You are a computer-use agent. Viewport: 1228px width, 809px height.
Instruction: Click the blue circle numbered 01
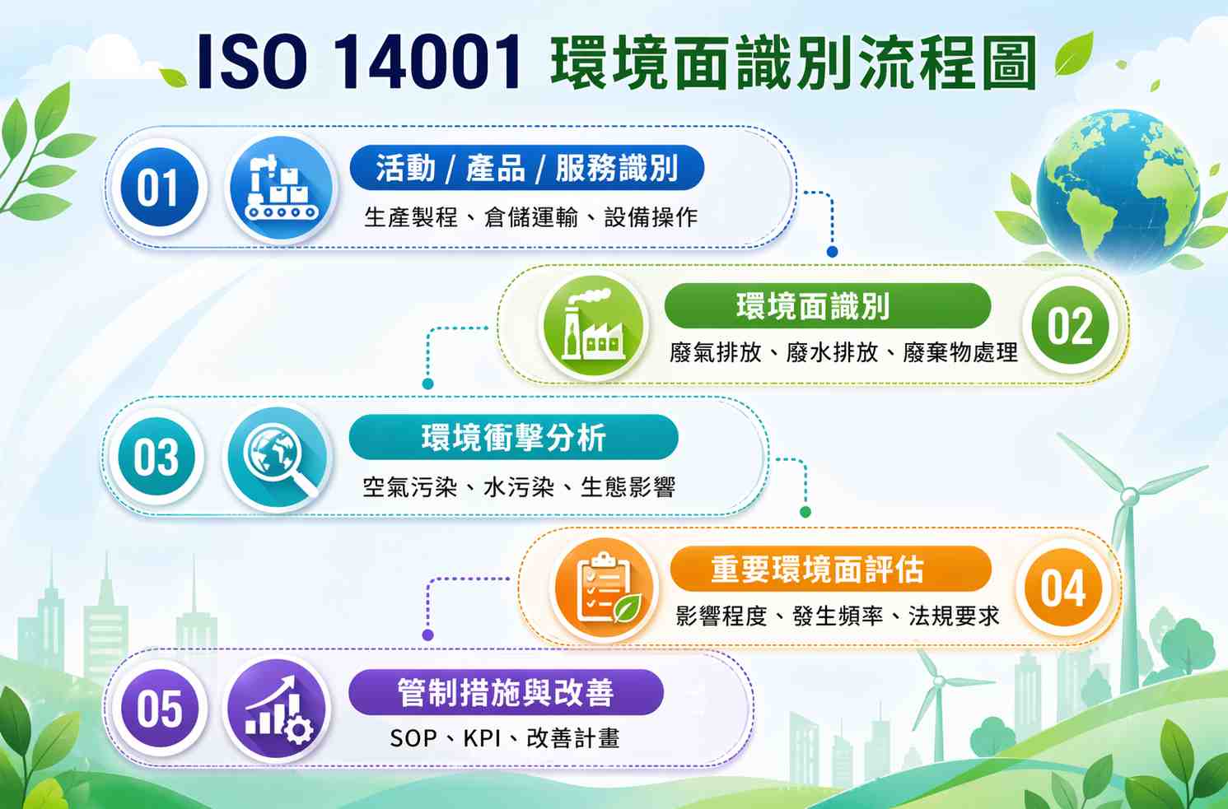(x=158, y=188)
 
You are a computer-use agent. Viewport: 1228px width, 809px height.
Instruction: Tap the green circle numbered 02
(x=1070, y=325)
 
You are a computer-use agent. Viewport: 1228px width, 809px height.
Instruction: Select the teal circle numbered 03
(x=156, y=456)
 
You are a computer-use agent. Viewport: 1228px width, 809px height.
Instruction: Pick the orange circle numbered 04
(x=1063, y=588)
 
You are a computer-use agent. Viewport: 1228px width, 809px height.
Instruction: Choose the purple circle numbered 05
(x=159, y=709)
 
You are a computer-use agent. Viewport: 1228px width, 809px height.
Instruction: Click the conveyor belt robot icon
(x=281, y=188)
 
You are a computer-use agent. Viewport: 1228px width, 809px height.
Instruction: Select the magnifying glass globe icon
(x=278, y=458)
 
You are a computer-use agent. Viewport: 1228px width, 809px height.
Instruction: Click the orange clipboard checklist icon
(x=605, y=588)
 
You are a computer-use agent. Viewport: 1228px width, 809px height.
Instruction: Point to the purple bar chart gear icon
(x=278, y=709)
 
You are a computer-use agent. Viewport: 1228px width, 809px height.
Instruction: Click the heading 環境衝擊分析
(x=514, y=438)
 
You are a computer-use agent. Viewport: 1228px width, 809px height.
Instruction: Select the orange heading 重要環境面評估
(x=817, y=569)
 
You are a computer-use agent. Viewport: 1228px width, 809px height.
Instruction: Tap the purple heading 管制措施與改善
(x=506, y=692)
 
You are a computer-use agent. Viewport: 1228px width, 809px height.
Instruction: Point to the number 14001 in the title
(x=427, y=61)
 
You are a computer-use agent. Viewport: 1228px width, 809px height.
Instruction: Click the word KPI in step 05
(x=483, y=738)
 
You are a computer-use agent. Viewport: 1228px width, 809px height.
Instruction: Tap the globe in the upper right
(x=1118, y=189)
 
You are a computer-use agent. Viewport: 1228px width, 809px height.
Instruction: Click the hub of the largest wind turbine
(x=1128, y=496)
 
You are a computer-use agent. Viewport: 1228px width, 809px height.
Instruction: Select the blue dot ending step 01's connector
(x=832, y=251)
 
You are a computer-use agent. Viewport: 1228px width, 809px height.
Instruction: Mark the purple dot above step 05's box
(x=428, y=635)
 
